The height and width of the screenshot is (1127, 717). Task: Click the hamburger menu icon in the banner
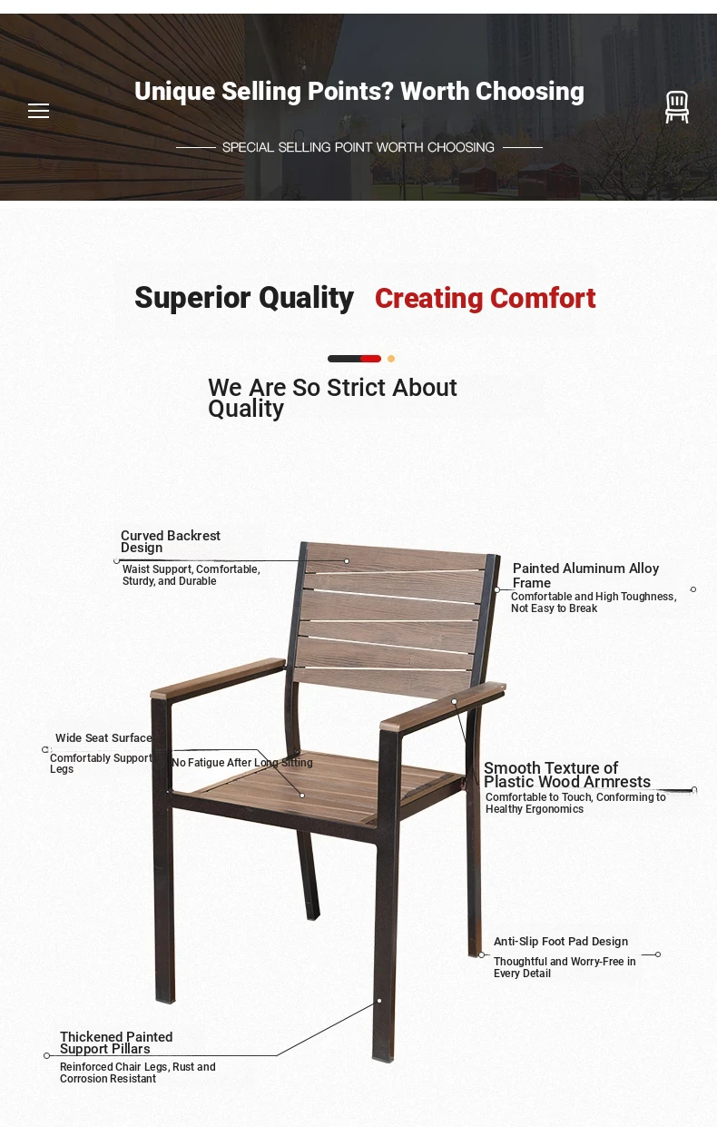38,111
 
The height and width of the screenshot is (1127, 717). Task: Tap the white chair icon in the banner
677,106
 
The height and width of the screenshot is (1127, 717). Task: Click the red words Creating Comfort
486,299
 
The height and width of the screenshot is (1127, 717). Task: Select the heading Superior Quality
244,298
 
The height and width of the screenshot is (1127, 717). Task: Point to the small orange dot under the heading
391,359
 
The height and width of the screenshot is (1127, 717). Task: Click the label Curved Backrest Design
171,541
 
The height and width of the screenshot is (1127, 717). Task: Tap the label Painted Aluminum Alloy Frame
585,576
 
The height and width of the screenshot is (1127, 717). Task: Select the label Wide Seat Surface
103,738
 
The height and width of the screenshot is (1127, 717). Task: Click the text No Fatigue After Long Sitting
242,763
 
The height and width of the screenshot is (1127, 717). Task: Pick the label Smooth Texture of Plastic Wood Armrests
567,775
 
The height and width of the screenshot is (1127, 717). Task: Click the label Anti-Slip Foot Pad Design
561,942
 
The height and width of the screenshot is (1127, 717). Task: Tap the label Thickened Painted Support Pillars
116,1043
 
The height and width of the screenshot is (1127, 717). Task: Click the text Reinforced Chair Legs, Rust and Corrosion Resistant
138,1073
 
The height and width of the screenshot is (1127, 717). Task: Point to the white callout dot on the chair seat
302,796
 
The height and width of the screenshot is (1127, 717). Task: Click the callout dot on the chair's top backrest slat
347,561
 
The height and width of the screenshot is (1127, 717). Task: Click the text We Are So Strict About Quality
332,398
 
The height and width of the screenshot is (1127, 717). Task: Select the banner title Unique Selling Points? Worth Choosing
359,92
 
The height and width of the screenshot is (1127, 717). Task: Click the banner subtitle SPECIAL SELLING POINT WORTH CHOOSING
358,147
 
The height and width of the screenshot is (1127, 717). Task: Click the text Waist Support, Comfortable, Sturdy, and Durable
192,575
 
